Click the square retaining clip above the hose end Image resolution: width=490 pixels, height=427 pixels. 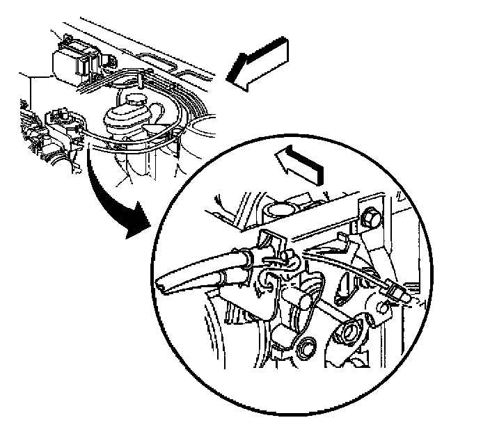coord(272,240)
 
